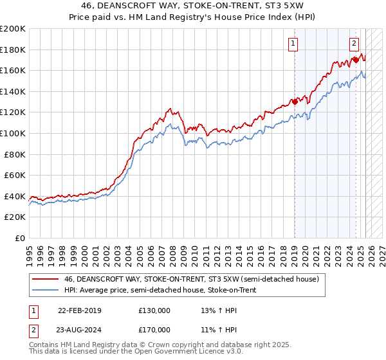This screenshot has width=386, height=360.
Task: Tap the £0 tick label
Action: pyautogui.click(x=19, y=238)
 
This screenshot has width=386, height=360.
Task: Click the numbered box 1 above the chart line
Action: pyautogui.click(x=293, y=44)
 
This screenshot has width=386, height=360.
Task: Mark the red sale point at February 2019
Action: pyautogui.click(x=295, y=102)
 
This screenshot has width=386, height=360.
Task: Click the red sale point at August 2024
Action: pyautogui.click(x=356, y=60)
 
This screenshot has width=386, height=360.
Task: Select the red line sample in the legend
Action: pyautogui.click(x=46, y=279)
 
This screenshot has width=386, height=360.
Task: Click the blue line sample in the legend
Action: pyautogui.click(x=46, y=290)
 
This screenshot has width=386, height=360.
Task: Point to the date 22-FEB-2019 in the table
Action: pyautogui.click(x=79, y=310)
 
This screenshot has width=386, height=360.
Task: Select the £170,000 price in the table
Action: pyautogui.click(x=154, y=329)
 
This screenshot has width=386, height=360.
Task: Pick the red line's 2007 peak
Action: pyautogui.click(x=169, y=109)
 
